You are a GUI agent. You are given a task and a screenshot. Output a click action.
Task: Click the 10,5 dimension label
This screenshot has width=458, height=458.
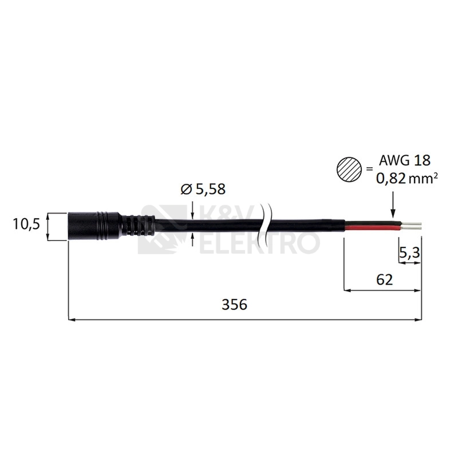(26, 224)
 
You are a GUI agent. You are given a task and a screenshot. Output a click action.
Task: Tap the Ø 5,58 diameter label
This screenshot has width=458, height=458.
(203, 189)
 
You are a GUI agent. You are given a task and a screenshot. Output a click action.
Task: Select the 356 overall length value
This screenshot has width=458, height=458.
(235, 305)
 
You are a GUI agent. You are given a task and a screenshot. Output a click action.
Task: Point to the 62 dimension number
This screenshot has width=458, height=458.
(384, 279)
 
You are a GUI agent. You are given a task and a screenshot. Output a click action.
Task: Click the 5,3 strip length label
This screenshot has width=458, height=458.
(409, 252)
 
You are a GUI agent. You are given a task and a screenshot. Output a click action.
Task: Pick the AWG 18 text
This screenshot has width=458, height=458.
(405, 160)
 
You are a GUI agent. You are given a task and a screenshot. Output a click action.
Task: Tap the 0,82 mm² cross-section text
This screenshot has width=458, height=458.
(406, 178)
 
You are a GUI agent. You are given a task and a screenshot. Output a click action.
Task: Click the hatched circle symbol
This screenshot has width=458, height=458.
(349, 169)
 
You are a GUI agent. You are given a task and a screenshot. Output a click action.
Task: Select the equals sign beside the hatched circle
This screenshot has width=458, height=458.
(370, 169)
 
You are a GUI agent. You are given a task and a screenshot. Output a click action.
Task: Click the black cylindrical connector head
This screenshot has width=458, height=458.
(93, 227)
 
